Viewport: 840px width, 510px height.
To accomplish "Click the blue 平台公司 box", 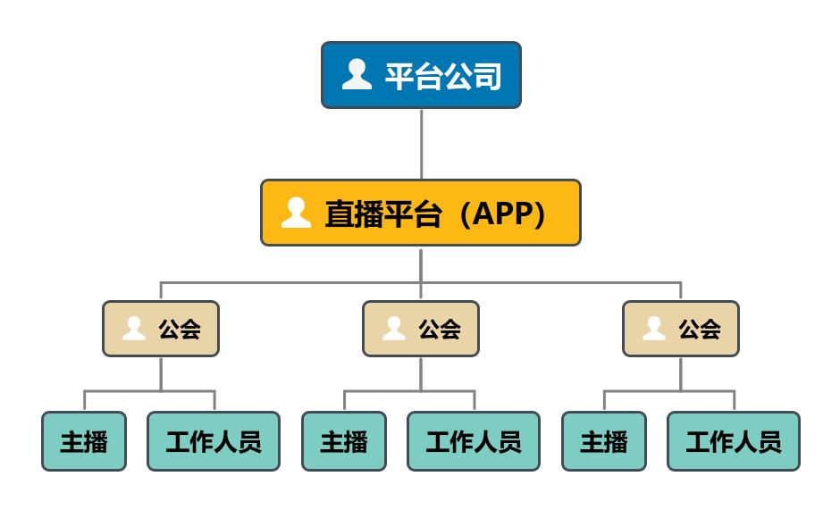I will [421, 75].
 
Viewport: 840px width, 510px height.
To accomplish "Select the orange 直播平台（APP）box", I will [421, 213].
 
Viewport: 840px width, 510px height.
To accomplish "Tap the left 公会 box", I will [161, 329].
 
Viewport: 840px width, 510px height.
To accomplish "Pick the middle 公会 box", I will [421, 329].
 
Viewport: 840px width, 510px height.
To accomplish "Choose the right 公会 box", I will [681, 329].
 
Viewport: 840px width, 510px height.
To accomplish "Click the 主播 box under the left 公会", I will [84, 441].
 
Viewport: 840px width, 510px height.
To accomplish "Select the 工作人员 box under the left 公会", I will [214, 441].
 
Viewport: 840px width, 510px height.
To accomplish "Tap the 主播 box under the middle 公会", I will [344, 441].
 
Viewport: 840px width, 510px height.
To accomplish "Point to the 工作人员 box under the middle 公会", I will [474, 441].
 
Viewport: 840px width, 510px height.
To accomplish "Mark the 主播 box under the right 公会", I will [604, 441].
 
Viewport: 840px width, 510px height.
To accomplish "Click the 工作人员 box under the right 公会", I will [734, 441].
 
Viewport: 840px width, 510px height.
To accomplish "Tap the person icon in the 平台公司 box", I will [357, 74].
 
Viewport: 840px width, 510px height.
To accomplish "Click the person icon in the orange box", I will [296, 212].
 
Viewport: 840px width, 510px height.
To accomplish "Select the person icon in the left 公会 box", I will [134, 328].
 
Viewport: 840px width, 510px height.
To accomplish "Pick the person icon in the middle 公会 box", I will [394, 328].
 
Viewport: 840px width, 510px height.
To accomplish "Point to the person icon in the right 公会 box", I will [654, 328].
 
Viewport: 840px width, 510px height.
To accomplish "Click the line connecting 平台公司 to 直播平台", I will [421, 143].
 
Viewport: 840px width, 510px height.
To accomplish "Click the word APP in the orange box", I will [502, 213].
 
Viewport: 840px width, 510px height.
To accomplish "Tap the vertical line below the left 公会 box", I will [161, 373].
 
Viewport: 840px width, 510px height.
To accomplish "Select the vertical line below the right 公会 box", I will [681, 373].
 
